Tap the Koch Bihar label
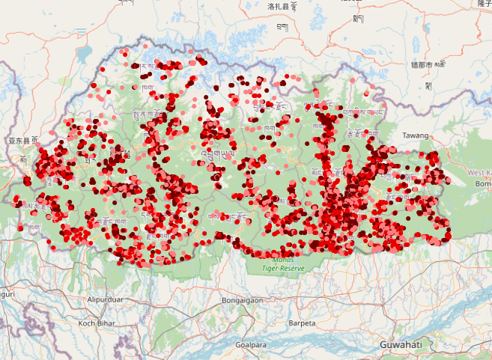tap(97, 323)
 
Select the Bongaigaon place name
tap(241, 300)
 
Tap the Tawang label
tap(416, 135)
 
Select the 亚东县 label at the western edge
tap(22, 140)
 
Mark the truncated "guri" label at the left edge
tap(7, 294)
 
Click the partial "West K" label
tap(479, 172)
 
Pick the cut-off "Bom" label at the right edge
tap(483, 183)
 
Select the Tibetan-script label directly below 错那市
tap(428, 85)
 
